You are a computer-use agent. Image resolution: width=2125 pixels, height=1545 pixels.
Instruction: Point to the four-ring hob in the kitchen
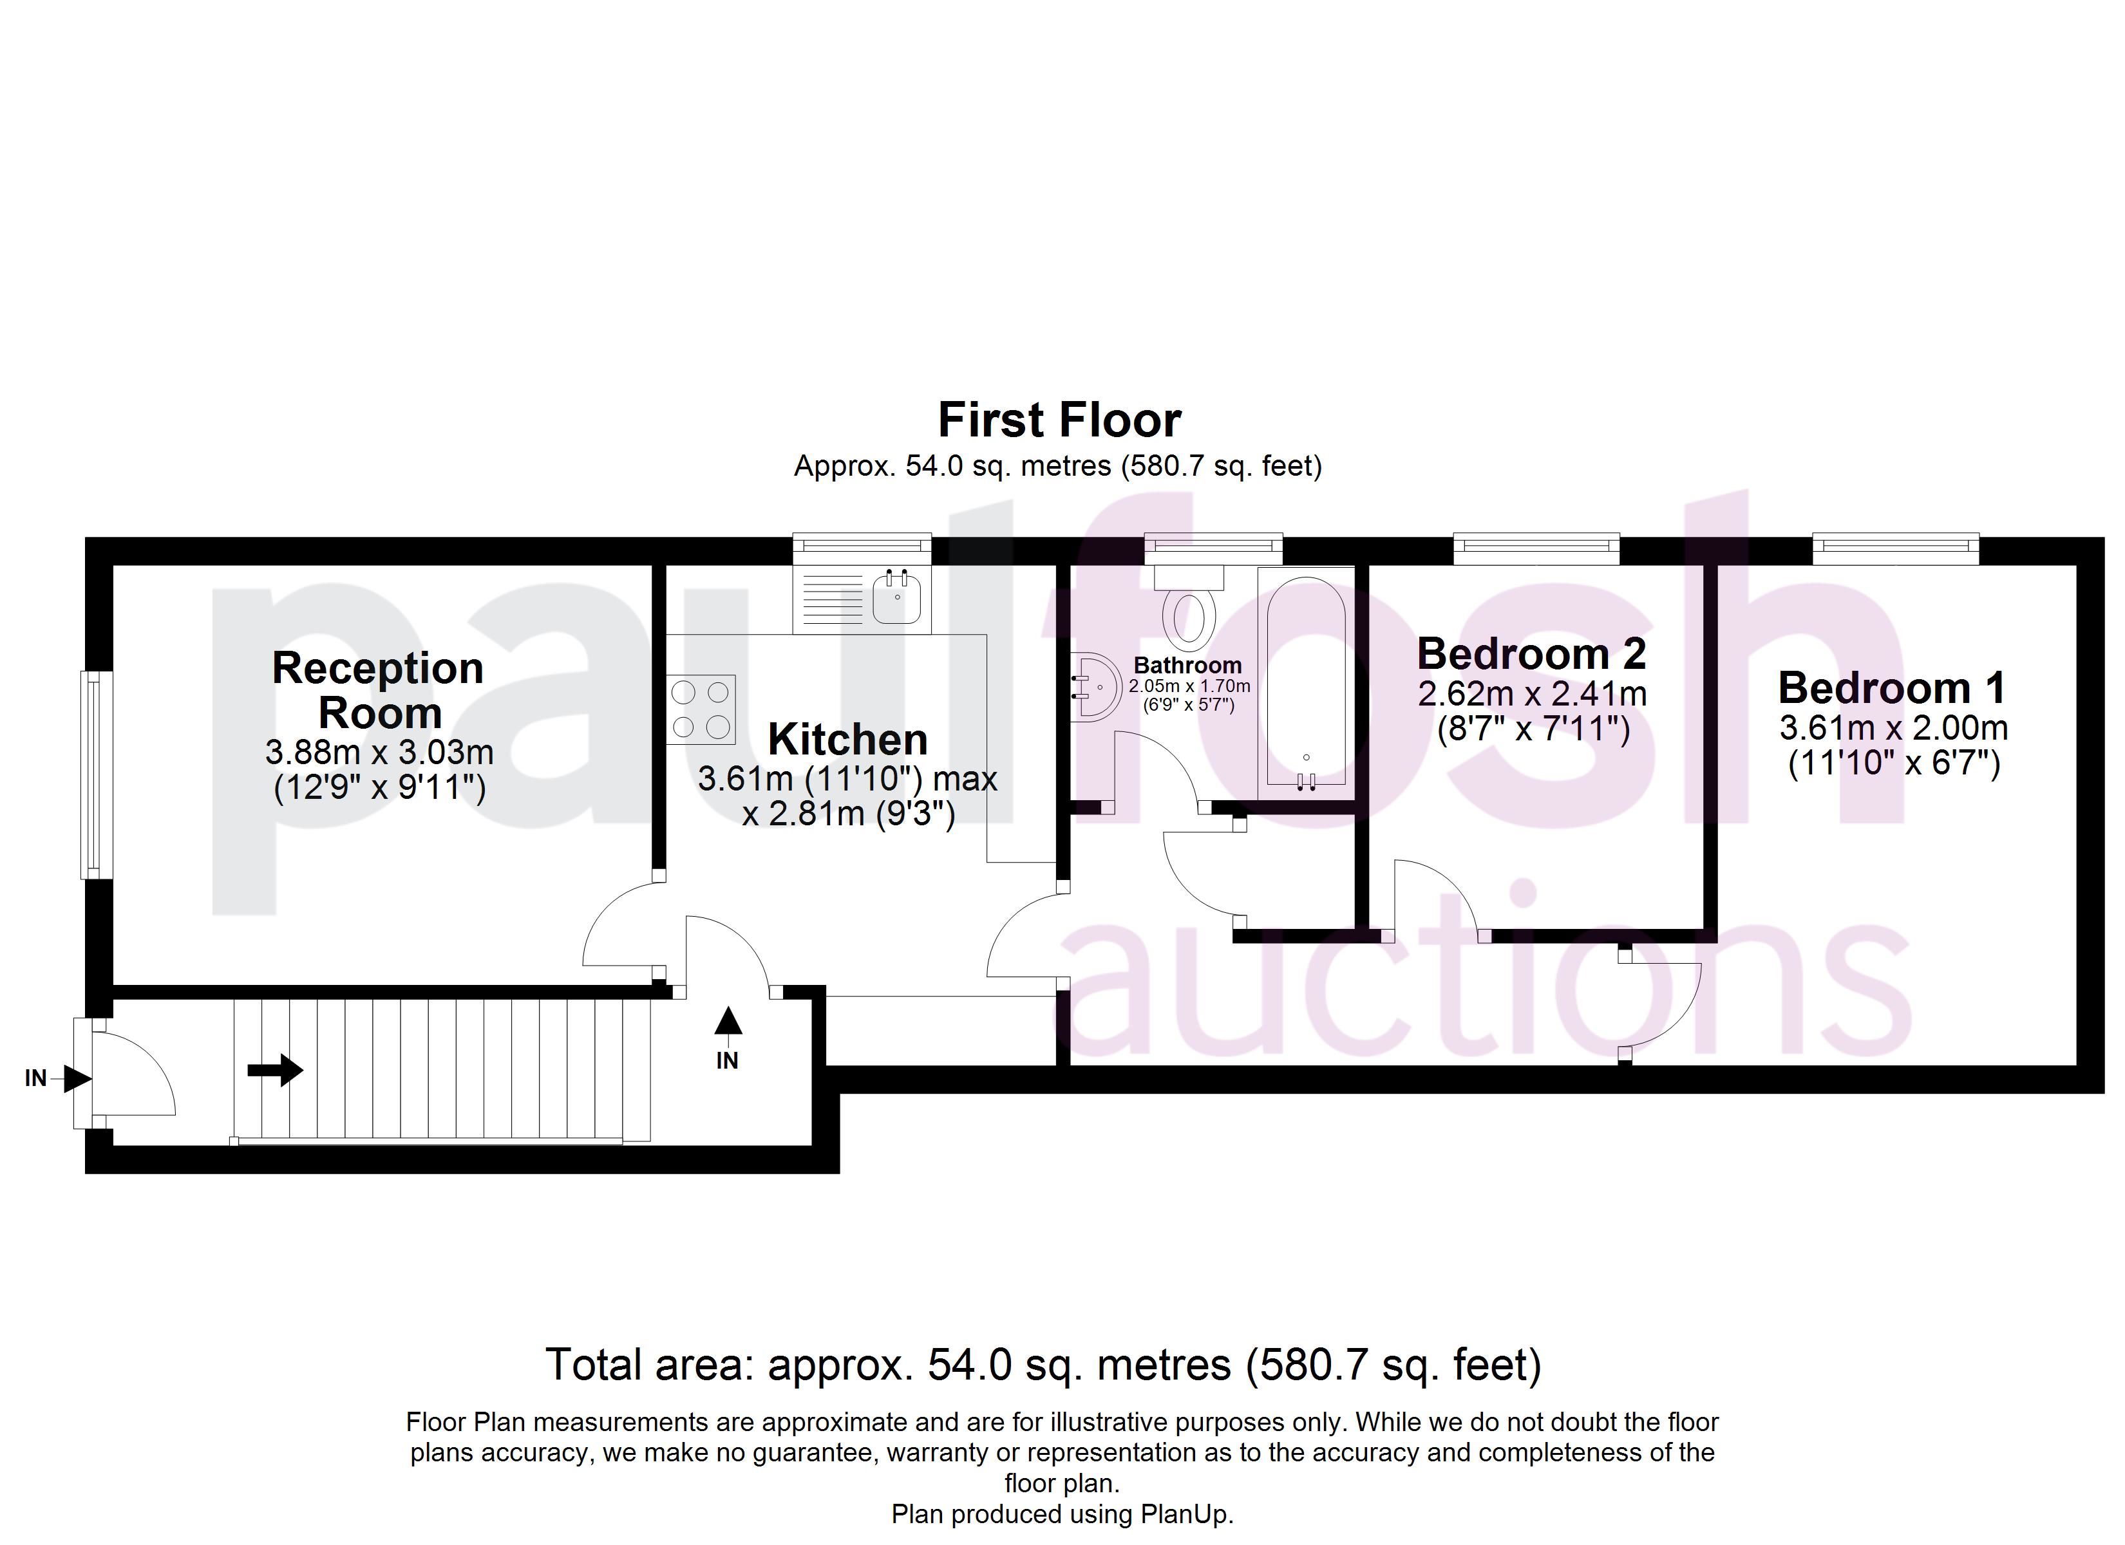pos(701,709)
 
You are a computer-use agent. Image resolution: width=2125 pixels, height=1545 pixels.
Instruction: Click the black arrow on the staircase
pos(276,1070)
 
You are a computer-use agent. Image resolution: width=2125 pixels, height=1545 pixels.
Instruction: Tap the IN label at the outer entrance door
pos(35,1078)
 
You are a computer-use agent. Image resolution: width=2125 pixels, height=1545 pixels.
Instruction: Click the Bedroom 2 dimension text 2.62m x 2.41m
pos(1532,694)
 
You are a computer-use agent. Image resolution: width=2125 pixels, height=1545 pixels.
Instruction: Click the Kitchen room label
pos(848,739)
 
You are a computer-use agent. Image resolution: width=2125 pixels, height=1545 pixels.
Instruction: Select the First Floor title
pos(1060,420)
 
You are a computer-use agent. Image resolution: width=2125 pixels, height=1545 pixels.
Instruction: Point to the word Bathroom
pos(1188,665)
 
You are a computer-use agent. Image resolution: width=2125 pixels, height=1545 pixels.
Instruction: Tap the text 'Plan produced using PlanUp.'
pos(1062,1514)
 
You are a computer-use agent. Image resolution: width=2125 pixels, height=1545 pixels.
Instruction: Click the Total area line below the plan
pos(1044,1365)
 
